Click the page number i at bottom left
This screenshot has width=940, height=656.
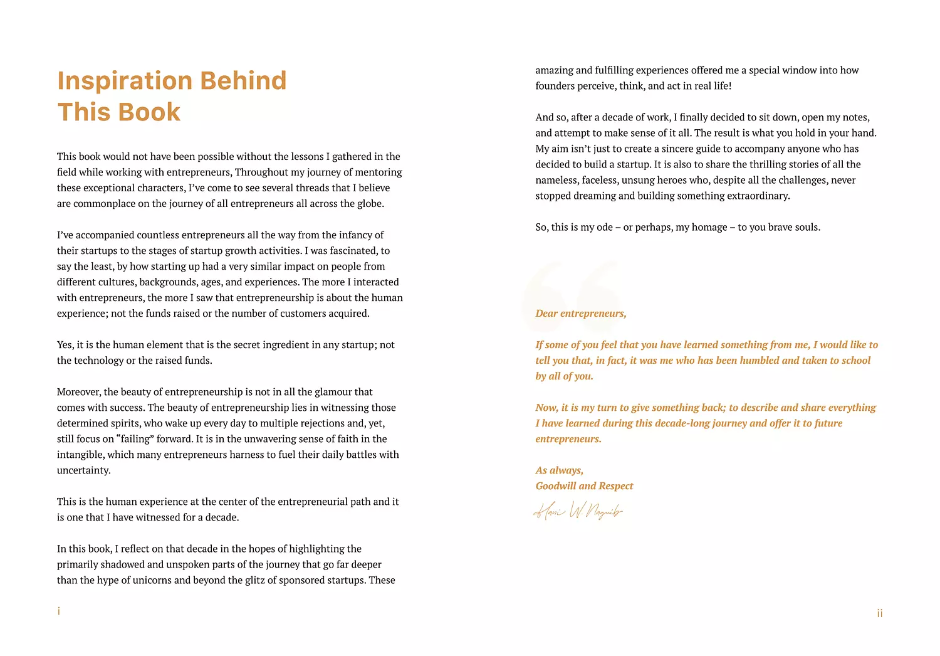(x=59, y=611)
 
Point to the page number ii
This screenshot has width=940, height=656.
(x=880, y=613)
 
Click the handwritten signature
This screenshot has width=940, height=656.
(x=578, y=512)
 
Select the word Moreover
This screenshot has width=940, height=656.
(x=79, y=392)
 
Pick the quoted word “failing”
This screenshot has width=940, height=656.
(x=135, y=439)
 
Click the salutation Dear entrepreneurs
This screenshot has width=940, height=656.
(x=580, y=314)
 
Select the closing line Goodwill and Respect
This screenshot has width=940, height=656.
(x=584, y=486)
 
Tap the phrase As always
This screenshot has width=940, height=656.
(x=559, y=470)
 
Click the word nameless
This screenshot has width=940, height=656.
(x=556, y=180)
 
